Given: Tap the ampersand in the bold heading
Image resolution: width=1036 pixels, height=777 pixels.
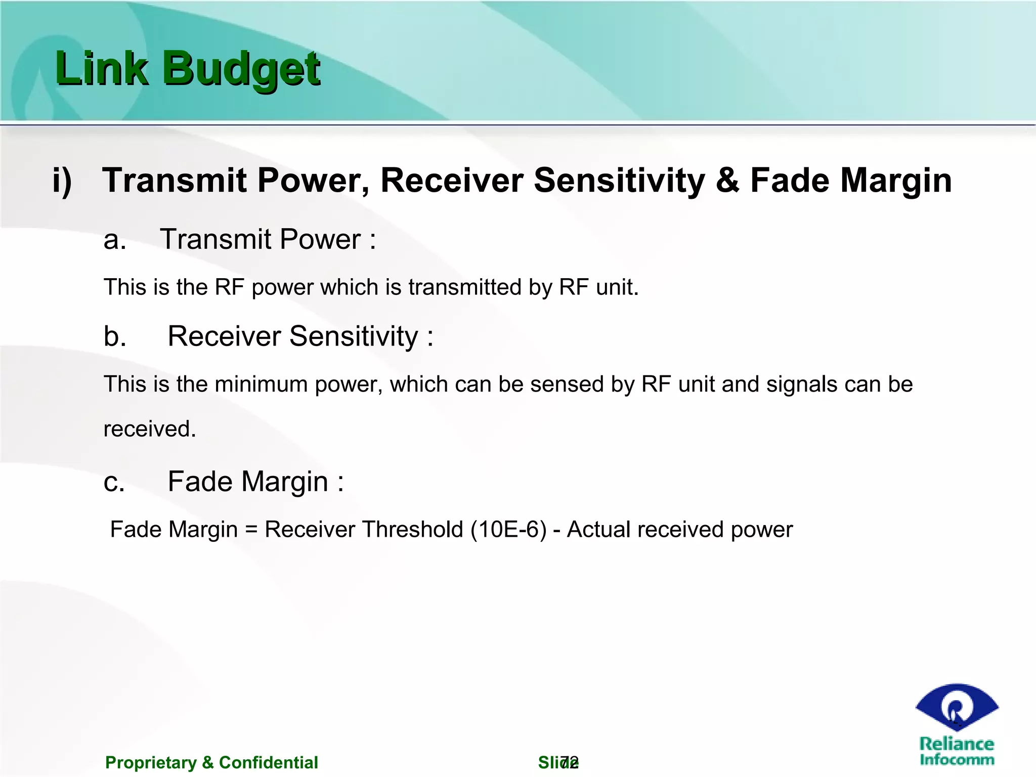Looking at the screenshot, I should (727, 181).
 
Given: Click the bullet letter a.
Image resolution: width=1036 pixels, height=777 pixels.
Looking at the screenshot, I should (114, 240).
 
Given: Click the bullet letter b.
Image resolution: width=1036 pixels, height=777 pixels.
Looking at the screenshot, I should (115, 336).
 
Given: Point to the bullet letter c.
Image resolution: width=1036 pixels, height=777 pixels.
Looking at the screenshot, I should (114, 482).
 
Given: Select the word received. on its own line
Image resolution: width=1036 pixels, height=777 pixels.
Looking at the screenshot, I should (150, 429).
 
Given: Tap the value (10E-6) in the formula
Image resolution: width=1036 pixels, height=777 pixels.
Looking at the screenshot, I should (508, 530).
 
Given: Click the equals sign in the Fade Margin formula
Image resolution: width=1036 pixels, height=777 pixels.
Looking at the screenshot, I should (251, 530).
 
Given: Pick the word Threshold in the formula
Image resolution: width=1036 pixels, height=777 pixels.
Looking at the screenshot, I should (412, 530).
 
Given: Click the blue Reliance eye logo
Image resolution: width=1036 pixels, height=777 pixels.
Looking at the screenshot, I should (956, 707).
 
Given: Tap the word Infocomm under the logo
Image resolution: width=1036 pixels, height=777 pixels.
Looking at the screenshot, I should (957, 759).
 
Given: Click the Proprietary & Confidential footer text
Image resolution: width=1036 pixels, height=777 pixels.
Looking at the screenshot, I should (211, 762).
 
